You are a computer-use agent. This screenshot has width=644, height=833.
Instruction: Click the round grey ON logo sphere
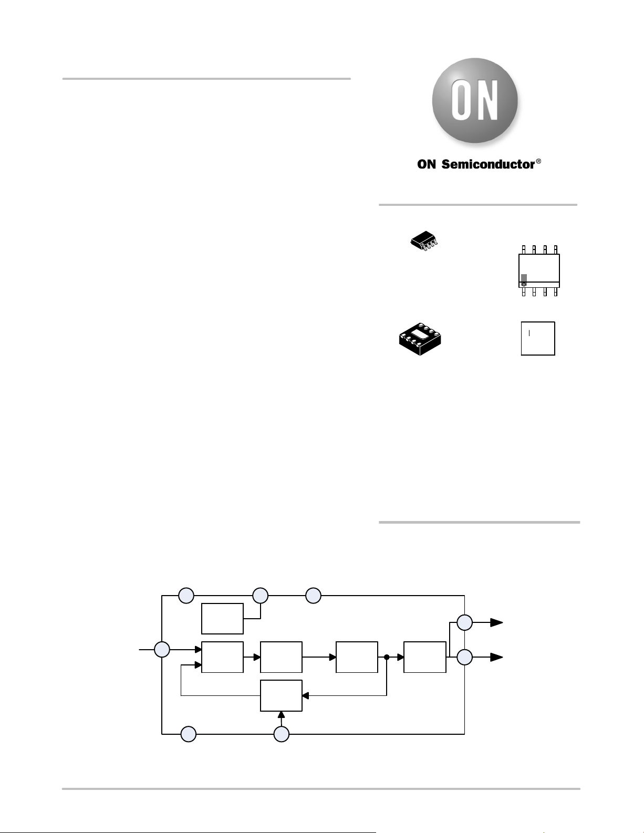point(475,100)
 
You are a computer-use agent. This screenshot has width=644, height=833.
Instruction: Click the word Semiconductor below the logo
point(488,164)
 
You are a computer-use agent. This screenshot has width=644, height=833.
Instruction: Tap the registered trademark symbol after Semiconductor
point(538,161)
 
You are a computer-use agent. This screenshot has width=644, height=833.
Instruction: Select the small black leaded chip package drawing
point(424,242)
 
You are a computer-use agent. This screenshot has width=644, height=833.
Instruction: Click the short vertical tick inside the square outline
point(529,333)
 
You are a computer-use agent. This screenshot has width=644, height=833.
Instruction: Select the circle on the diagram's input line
point(162,650)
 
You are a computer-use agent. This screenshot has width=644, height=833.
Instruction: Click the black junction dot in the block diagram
point(387,657)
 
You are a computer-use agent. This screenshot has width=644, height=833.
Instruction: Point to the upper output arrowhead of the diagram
point(497,622)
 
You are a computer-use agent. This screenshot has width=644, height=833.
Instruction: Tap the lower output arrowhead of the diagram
point(497,657)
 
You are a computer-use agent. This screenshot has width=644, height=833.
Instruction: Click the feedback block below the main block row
point(281,696)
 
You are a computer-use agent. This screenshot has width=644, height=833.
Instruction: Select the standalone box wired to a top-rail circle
point(222,619)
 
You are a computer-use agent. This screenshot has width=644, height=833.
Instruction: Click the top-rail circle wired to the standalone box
point(261,596)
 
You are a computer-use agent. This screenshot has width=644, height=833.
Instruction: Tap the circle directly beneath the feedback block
point(282,734)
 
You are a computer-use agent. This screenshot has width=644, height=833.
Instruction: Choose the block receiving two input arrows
point(222,657)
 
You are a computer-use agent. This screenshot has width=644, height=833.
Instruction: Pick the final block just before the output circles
point(425,657)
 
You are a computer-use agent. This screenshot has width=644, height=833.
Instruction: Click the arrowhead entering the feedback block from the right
point(306,696)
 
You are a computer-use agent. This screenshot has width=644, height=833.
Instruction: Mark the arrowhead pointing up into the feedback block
point(282,714)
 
